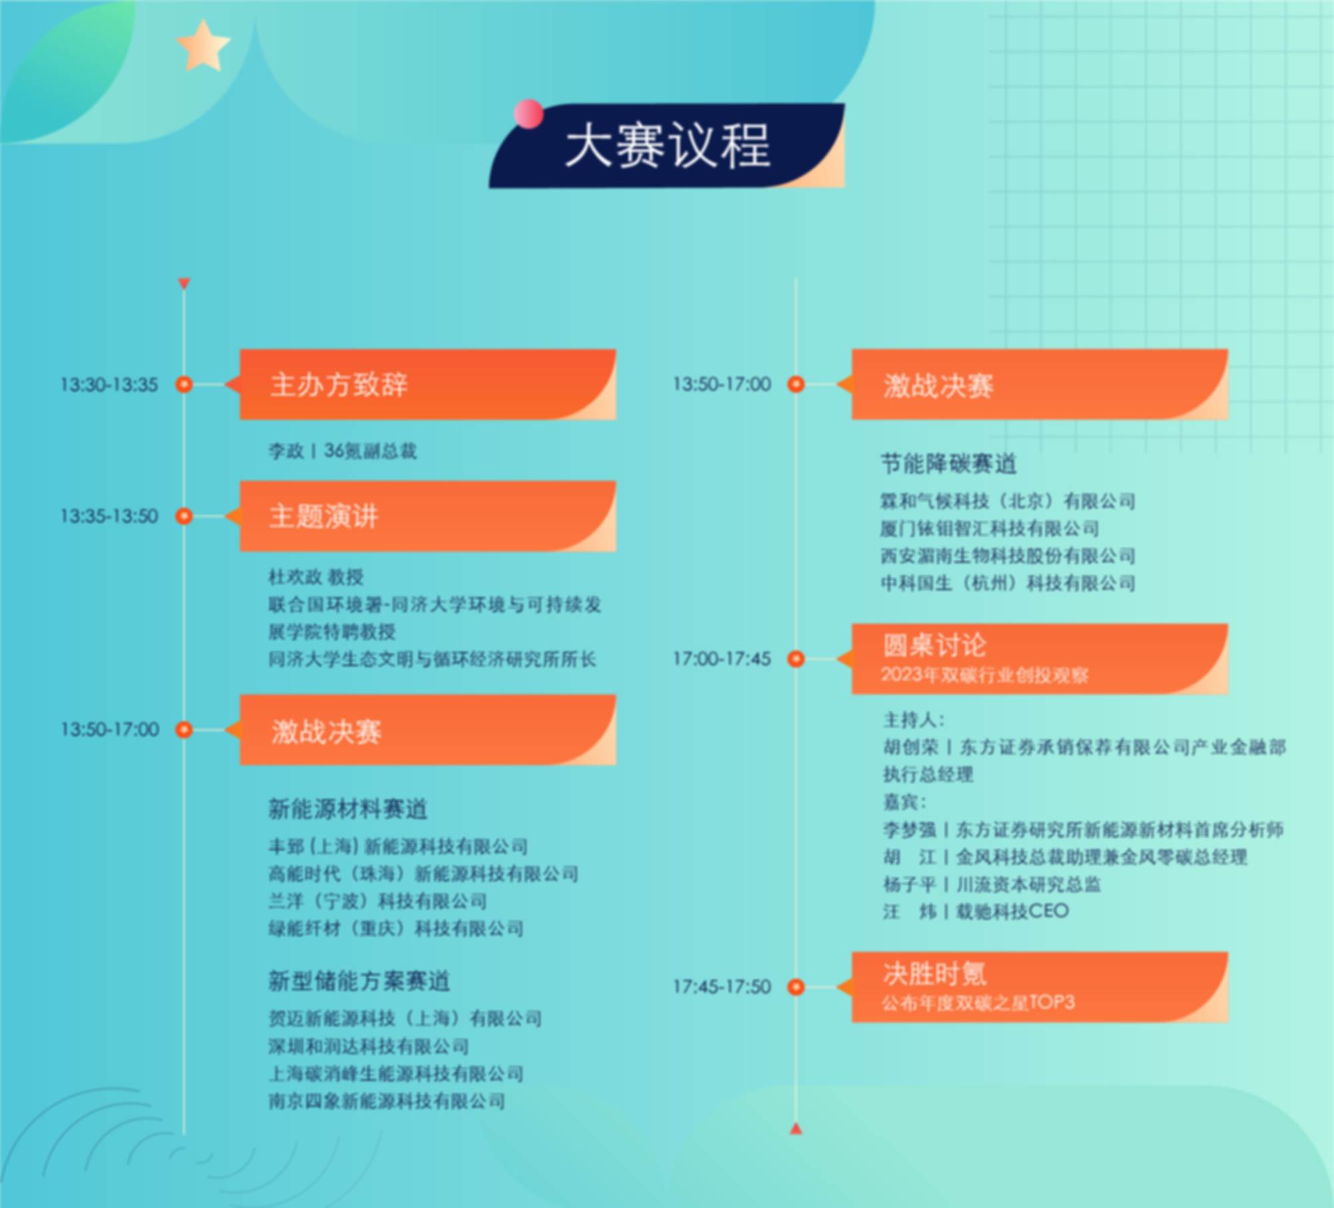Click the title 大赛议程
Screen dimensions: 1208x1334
tap(667, 145)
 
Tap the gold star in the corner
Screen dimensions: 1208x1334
tap(203, 45)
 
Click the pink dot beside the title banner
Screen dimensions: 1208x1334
tap(528, 113)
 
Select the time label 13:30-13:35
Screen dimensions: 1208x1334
tap(109, 385)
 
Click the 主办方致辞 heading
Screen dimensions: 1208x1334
tap(339, 385)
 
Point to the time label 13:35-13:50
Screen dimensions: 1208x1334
tap(109, 516)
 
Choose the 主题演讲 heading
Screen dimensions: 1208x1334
tap(324, 516)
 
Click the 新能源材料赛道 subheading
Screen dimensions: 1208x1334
tap(347, 809)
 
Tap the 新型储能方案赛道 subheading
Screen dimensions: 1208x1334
tap(359, 981)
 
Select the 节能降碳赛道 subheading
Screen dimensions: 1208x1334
tap(949, 463)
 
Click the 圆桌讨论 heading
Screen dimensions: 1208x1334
tap(934, 645)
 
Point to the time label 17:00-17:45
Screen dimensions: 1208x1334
tap(722, 659)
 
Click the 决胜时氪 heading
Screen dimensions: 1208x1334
tap(935, 973)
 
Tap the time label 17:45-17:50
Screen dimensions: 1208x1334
tap(722, 987)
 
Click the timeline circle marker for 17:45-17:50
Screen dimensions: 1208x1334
tap(796, 987)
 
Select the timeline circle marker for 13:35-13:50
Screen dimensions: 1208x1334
tap(184, 516)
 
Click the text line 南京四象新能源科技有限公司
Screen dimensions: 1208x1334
tap(387, 1101)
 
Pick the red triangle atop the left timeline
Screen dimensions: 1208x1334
tap(184, 283)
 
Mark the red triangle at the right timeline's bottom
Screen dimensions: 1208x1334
tap(796, 1129)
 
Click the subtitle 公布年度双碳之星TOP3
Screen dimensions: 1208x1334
tap(978, 1003)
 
